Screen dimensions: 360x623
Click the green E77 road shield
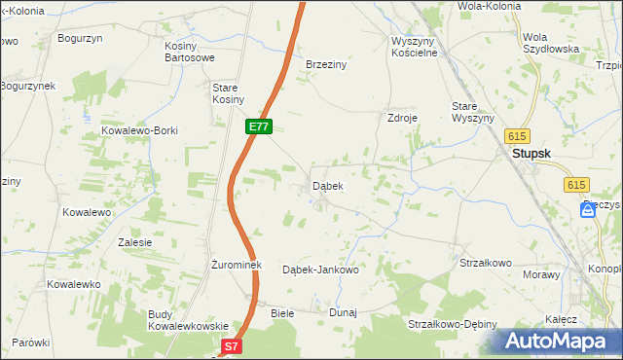258,126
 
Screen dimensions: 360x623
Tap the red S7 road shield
231,345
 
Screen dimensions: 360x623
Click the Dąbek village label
326,185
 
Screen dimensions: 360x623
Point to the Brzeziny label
327,63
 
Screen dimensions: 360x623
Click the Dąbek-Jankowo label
320,270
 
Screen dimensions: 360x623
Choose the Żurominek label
232,264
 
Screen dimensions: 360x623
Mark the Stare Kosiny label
228,93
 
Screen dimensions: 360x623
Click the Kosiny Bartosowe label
189,53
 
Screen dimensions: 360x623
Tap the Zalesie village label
134,242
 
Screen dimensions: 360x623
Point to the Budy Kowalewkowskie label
188,320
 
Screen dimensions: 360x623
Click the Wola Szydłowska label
551,42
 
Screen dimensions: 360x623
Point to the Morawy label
542,274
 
